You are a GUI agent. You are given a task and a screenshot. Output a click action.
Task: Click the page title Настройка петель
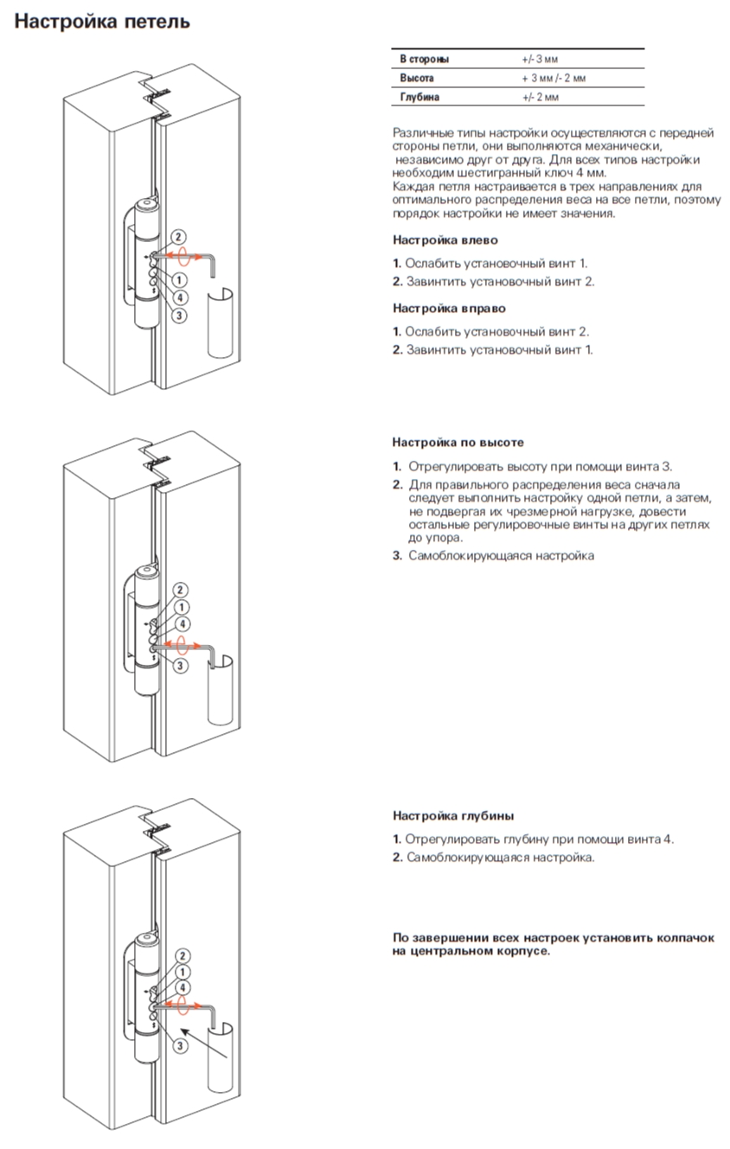[102, 21]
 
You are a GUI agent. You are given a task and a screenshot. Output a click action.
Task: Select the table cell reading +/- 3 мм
[540, 60]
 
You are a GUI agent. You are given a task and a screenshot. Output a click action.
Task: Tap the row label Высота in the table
[417, 79]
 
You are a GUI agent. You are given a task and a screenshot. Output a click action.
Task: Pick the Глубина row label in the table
[419, 98]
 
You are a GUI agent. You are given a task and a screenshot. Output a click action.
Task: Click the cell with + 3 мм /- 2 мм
[554, 79]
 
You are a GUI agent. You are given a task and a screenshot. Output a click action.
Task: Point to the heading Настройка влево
[445, 240]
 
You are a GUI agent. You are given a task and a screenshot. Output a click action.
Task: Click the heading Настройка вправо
[449, 309]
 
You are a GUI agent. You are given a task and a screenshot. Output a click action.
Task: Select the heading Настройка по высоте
[458, 443]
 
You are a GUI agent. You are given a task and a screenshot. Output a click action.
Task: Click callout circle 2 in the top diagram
[177, 237]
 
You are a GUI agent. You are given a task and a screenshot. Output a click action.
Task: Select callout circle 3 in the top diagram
[179, 316]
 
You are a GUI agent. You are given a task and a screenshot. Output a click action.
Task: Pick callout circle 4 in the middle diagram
[182, 624]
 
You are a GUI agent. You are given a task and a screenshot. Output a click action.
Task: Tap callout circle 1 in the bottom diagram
[182, 972]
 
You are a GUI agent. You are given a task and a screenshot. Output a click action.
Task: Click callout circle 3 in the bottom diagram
[180, 1046]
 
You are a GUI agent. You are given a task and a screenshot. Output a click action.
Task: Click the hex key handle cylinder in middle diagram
[220, 692]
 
